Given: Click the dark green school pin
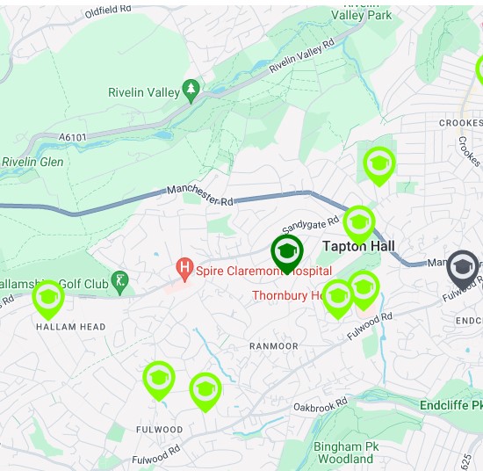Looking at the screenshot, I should click(x=287, y=253).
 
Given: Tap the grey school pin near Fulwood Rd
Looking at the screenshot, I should click(x=463, y=267).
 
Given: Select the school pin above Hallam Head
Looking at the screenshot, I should click(x=48, y=299).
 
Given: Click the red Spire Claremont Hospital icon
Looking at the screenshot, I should click(x=184, y=265).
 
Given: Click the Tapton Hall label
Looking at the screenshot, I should click(x=359, y=246).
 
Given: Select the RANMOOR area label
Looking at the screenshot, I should click(x=273, y=346).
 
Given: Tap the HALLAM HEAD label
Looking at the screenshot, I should click(x=71, y=327).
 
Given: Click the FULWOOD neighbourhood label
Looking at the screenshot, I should click(x=160, y=430).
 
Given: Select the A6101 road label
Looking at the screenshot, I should click(x=76, y=137).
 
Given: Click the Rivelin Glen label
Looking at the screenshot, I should click(x=32, y=162).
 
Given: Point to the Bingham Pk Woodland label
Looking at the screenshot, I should click(x=344, y=453).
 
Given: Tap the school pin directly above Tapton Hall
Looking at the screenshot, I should click(x=359, y=224).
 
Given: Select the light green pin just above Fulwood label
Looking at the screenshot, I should click(x=158, y=380).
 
